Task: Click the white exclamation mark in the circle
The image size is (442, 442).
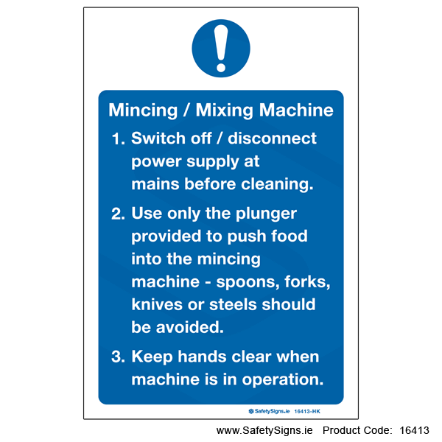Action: point(221,48)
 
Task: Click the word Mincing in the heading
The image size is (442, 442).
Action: point(143,110)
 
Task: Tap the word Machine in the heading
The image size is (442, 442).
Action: point(296,110)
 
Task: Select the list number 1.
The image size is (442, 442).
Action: point(118,139)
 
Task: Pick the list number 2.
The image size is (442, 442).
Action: point(118,214)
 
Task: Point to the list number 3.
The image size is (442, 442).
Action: point(118,357)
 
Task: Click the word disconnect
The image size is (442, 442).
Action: point(272,138)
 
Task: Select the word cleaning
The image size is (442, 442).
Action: point(277,185)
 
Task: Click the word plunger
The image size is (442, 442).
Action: point(266,214)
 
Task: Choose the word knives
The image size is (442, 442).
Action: point(157,304)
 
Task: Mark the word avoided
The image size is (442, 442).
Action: point(190,327)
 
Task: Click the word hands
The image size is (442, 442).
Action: point(202,357)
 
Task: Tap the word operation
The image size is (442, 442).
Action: point(282,380)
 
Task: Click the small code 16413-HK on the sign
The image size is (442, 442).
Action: point(307,412)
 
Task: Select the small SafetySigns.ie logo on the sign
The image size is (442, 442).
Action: point(269,412)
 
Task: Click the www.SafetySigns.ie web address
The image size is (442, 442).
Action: point(264,431)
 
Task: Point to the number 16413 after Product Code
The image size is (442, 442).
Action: point(414,430)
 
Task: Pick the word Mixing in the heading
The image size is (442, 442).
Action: point(224,110)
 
